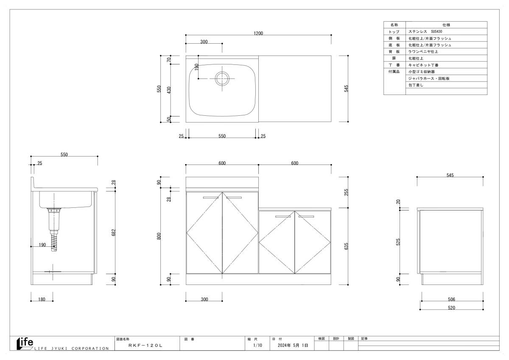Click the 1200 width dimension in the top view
tap(258, 33)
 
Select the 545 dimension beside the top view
tap(346, 89)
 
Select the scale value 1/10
tap(257, 346)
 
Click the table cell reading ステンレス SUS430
tap(425, 31)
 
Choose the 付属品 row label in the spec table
tap(394, 72)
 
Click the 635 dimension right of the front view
tap(346, 246)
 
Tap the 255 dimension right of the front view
tap(346, 192)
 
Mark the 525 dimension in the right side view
tap(398, 242)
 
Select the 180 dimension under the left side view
tap(42, 299)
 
